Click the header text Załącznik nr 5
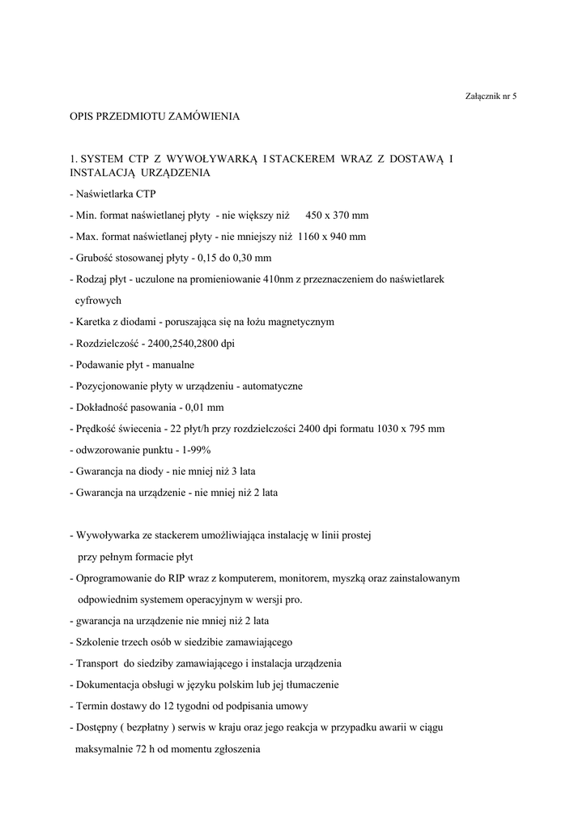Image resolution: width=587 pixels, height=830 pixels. (x=491, y=96)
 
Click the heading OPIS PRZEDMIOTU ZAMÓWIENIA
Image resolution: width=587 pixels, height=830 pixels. (x=155, y=117)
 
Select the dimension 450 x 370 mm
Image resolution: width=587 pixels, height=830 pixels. (x=337, y=215)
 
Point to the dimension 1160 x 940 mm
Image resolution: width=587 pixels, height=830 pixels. (x=331, y=236)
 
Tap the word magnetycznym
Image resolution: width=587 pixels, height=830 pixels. (x=294, y=322)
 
